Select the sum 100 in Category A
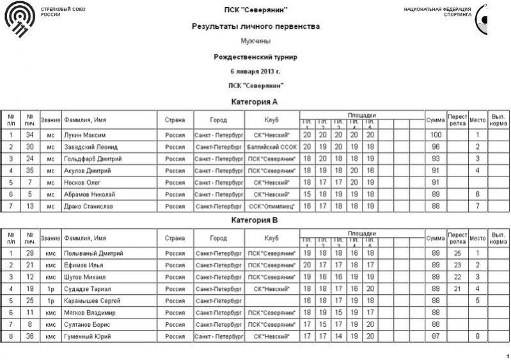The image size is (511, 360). click(x=436, y=136)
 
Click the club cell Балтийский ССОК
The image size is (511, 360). click(x=272, y=147)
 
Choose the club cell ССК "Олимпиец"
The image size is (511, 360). click(x=272, y=206)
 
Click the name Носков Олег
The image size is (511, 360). click(x=82, y=182)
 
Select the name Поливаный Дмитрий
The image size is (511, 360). click(x=93, y=253)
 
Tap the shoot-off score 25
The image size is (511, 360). click(x=457, y=253)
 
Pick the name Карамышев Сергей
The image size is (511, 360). click(x=91, y=301)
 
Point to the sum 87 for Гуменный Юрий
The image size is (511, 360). click(x=436, y=336)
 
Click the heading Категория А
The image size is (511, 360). click(x=255, y=102)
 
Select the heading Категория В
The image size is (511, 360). click(x=255, y=220)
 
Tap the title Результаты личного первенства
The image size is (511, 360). click(x=256, y=27)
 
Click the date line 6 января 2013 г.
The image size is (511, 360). click(x=256, y=71)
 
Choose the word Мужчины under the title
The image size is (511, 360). click(x=255, y=41)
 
